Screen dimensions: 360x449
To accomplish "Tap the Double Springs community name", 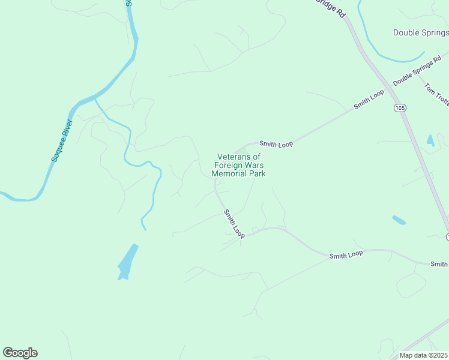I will pos(420,32).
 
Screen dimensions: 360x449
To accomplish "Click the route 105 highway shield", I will pos(400,107).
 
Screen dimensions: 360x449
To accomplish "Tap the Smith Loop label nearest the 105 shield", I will pos(369,99).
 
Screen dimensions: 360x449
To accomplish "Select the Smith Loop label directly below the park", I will pos(234,223).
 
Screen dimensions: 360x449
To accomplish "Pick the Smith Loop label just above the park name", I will pos(276,144).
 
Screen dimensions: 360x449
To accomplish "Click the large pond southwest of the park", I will pos(127,262).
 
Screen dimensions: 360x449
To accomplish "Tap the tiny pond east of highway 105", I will pos(430,140).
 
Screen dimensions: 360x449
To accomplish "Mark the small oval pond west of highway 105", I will pos(399,220).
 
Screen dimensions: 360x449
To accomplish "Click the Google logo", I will pos(20,353).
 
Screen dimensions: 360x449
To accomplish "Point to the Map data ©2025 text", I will pos(423,355).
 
